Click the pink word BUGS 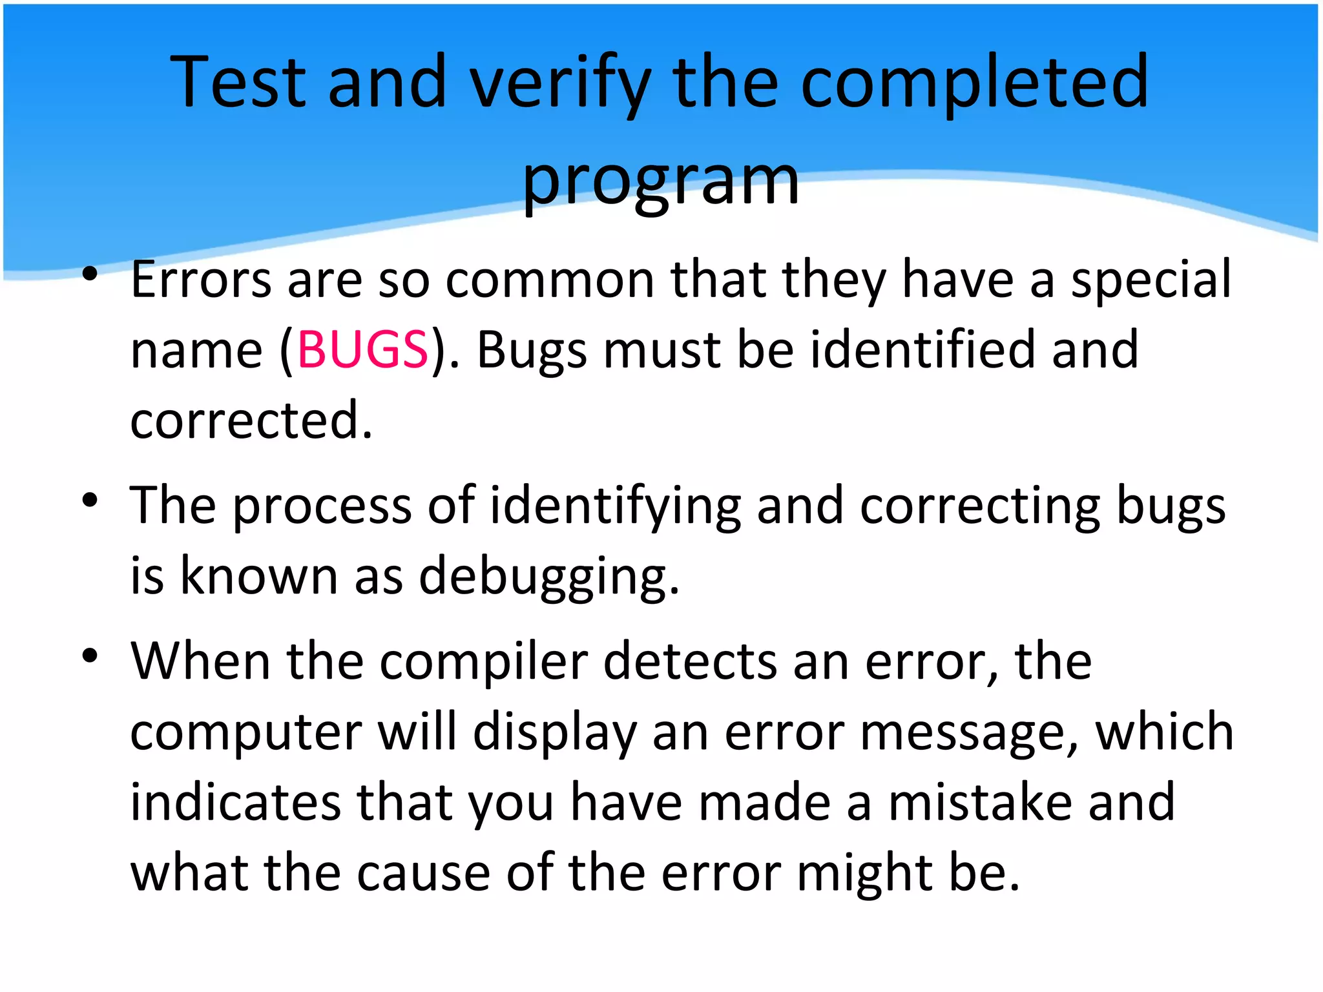[x=362, y=349]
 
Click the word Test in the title [x=238, y=82]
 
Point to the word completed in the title [x=975, y=82]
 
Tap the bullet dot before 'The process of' [x=90, y=499]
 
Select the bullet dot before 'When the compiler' [x=90, y=656]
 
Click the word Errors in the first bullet [x=201, y=280]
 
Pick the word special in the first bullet [x=1151, y=280]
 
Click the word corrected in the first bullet [x=251, y=420]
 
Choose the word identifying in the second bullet [x=616, y=506]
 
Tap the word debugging [x=548, y=576]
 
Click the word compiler [x=483, y=662]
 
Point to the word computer [x=245, y=732]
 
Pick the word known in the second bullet [x=258, y=576]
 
